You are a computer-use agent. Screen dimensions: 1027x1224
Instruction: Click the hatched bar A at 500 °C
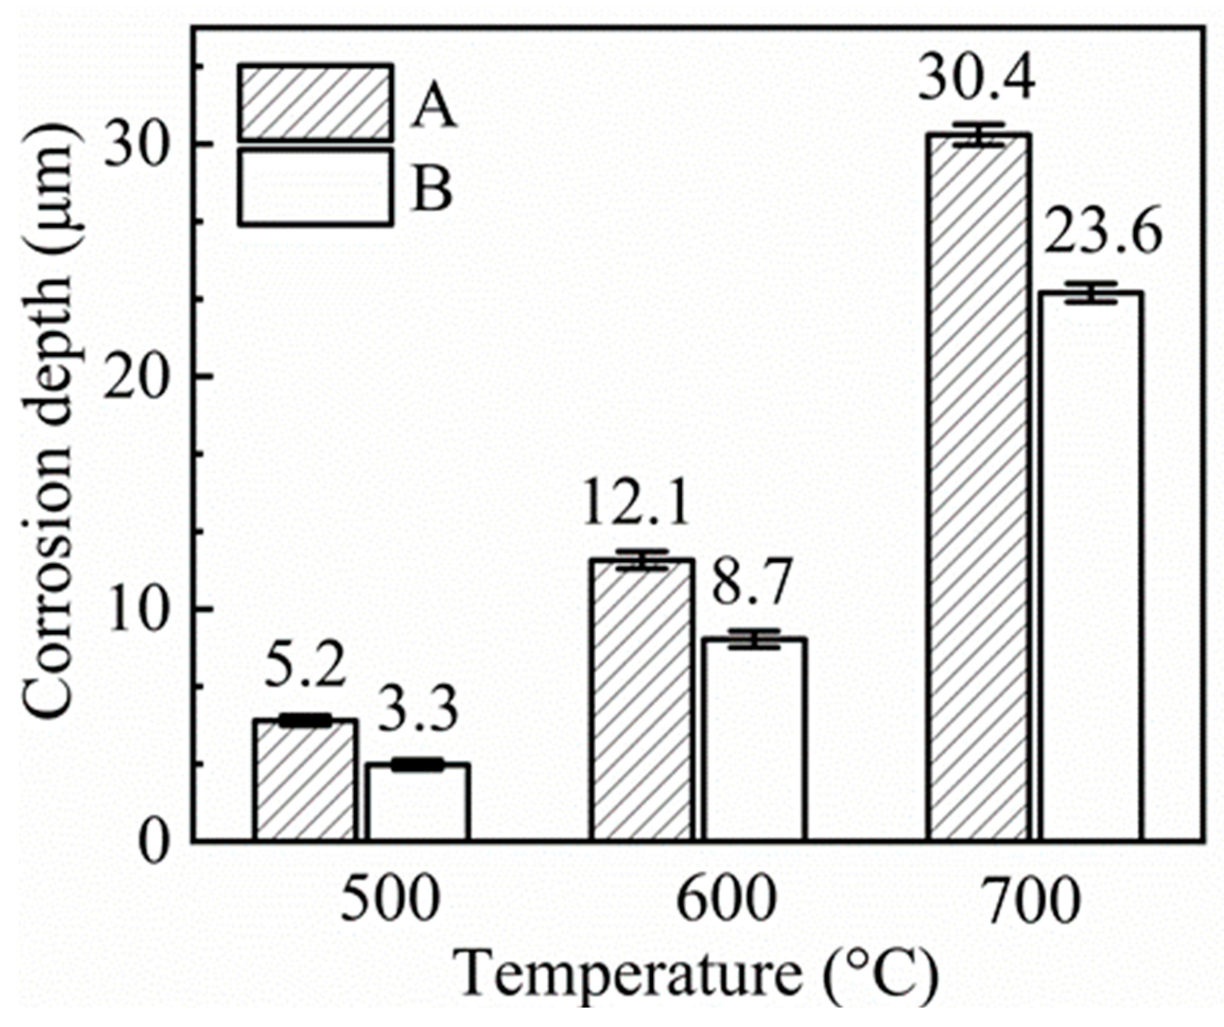point(305,781)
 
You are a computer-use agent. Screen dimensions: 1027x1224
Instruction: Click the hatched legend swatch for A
point(314,103)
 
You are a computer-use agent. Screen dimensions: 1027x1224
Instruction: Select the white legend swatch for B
point(314,187)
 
